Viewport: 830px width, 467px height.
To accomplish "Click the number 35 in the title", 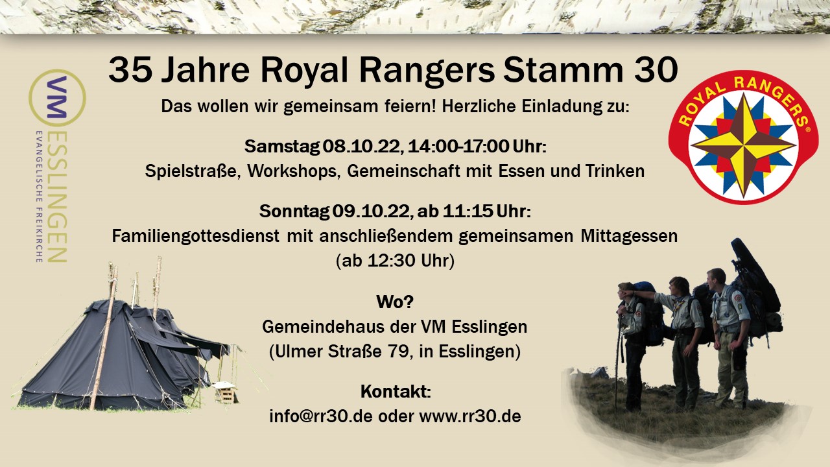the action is pos(130,70).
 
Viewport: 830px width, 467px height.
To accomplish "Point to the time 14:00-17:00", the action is pos(458,147).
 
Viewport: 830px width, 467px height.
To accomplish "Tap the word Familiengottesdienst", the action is pos(196,236).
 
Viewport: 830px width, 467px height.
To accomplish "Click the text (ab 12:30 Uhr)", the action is pos(395,261).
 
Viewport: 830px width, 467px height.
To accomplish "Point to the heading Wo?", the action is pos(395,302).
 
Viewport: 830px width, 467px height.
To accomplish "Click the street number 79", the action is pos(399,352).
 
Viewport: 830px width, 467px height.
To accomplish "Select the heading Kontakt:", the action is pos(396,391).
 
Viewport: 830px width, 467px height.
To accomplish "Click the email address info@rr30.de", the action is pos(321,416).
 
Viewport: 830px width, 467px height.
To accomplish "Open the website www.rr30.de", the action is pos(470,416).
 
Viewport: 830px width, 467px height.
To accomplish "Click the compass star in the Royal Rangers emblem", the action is pos(744,146).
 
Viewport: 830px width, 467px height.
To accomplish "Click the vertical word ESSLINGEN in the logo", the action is pos(58,197).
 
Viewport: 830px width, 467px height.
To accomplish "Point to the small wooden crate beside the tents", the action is pos(225,393).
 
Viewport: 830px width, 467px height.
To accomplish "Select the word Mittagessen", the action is pos(629,236).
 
